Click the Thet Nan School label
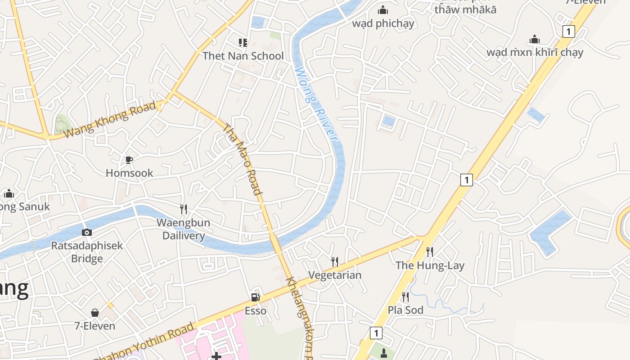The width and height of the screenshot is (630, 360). (x=243, y=56)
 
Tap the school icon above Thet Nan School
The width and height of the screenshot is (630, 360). (x=243, y=43)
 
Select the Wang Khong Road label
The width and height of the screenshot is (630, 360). (x=110, y=119)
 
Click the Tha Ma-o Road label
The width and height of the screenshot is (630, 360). (x=243, y=159)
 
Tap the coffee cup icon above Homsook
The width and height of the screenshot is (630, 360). (x=129, y=160)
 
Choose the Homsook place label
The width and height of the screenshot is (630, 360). (x=129, y=173)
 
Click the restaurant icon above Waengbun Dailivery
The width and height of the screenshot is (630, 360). (x=183, y=209)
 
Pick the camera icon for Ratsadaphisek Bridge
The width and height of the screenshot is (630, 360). (x=87, y=232)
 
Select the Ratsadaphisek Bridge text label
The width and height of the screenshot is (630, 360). (x=87, y=252)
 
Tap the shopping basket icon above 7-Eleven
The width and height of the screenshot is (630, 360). (x=95, y=313)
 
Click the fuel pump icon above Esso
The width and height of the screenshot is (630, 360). (x=255, y=297)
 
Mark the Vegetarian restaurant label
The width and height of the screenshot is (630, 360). (x=335, y=275)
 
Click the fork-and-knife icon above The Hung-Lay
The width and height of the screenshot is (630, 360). (x=430, y=252)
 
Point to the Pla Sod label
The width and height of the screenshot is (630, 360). (x=405, y=310)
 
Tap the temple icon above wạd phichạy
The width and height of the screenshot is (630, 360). (x=383, y=10)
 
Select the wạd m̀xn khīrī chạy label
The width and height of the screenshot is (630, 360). (x=535, y=52)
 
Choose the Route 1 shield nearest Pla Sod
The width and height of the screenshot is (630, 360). (x=376, y=333)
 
